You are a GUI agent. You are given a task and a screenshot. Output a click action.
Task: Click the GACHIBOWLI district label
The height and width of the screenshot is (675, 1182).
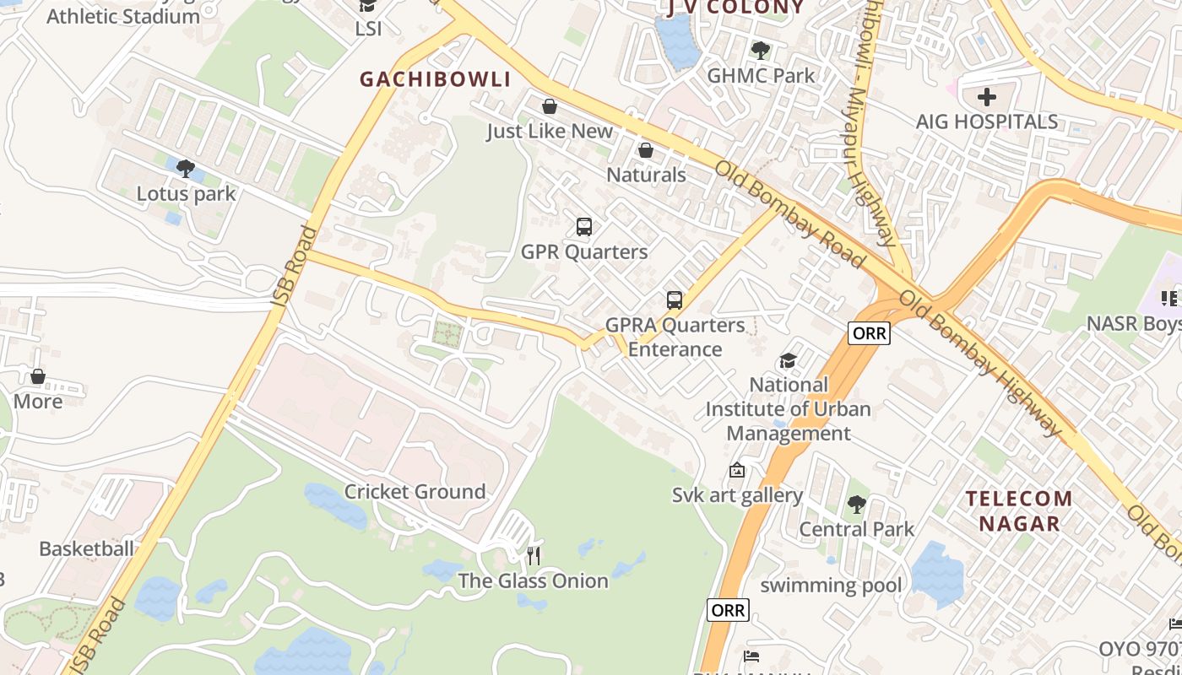coord(436,79)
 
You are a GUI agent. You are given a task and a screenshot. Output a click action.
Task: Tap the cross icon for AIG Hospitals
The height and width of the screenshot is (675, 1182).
coord(986,96)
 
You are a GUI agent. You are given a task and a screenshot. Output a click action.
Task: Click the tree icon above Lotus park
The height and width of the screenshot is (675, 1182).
coord(186,168)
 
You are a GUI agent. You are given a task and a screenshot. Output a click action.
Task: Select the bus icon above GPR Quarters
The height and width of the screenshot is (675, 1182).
coord(583,226)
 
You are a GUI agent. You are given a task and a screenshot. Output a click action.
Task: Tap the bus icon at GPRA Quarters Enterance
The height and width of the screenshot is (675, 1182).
coord(674,300)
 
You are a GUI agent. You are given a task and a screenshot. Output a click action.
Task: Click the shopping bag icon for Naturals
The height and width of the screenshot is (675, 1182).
coord(646,150)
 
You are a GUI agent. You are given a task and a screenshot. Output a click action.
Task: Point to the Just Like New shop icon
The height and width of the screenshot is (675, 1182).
coord(550,106)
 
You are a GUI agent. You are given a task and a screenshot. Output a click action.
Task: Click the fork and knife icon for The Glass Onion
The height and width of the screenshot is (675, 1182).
coord(533,555)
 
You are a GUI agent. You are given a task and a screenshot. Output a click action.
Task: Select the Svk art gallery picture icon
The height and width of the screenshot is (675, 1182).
coord(737,470)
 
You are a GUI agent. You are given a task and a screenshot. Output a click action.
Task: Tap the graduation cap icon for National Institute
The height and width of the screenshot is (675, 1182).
coord(788,360)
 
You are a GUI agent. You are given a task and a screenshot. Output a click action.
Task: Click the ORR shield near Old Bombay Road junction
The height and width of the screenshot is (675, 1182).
coord(870,333)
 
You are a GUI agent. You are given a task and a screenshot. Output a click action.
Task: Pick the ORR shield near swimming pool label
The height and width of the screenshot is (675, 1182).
coord(728,610)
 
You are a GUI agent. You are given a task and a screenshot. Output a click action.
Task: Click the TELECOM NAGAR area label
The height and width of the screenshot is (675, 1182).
coord(1019,510)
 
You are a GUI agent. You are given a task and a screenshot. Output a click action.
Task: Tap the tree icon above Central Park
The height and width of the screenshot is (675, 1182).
coord(856,505)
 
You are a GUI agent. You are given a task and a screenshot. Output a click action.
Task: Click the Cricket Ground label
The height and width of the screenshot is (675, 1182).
coord(415,492)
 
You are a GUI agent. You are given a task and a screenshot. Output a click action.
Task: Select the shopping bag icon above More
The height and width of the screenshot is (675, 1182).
coord(37,376)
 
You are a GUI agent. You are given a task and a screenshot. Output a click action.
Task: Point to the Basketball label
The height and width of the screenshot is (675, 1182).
coord(86,549)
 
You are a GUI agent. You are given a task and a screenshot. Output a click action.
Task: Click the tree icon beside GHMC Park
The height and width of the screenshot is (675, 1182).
coord(760,50)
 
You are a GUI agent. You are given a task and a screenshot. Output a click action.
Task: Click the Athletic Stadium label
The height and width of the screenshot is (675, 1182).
coord(123,15)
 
